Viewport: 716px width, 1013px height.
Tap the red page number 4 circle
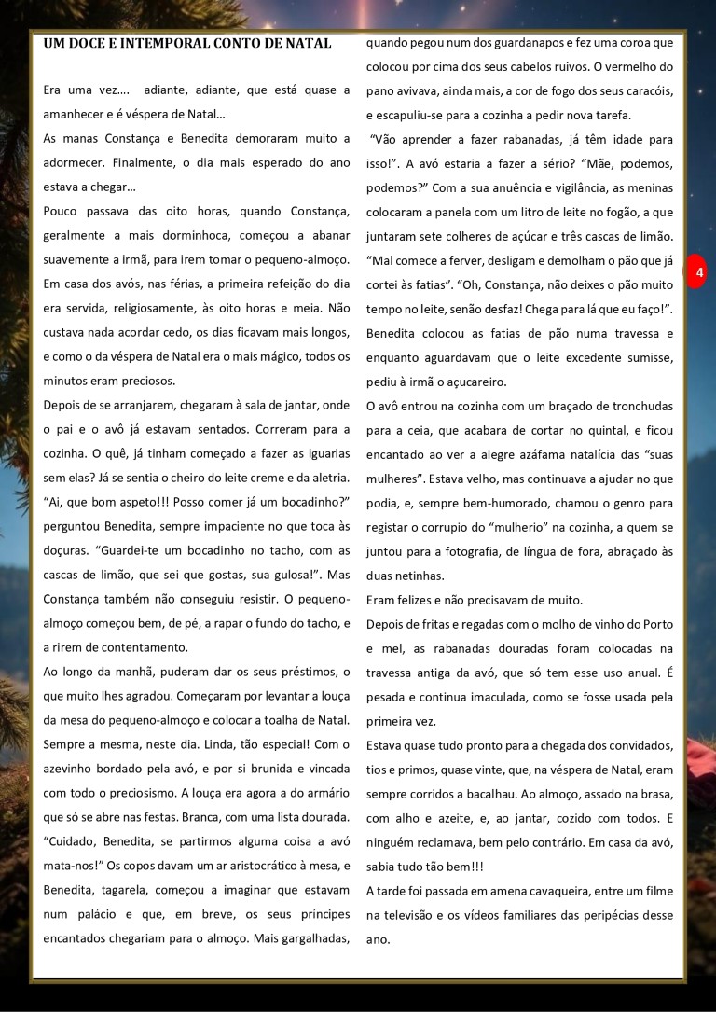698,272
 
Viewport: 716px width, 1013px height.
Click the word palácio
102,914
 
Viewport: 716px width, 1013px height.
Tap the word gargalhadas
310,938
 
